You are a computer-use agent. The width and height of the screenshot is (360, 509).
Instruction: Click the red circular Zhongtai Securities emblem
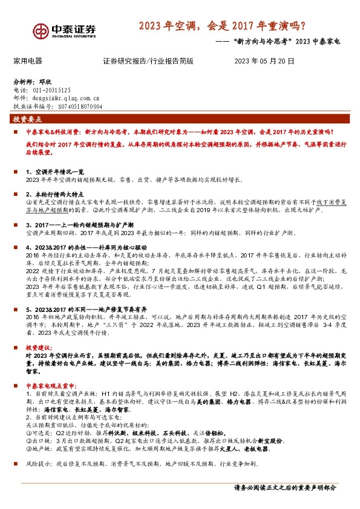click(42, 31)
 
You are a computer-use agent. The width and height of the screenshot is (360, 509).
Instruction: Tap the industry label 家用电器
click(28, 61)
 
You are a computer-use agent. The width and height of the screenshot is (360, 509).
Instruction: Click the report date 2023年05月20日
click(264, 61)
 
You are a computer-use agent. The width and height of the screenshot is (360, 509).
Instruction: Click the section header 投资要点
click(28, 119)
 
